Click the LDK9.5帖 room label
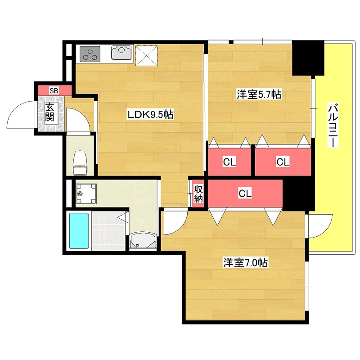(150, 114)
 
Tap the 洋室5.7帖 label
(259, 94)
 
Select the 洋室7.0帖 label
(245, 262)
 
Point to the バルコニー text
(333, 126)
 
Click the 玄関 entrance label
(49, 112)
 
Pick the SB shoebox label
(54, 91)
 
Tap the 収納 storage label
(198, 193)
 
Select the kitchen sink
(122, 53)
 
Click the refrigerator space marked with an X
(147, 55)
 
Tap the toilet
(80, 162)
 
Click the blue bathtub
(79, 230)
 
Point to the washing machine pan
(86, 193)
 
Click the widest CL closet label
(245, 193)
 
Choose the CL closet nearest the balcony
(283, 162)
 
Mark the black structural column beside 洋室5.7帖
(308, 58)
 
